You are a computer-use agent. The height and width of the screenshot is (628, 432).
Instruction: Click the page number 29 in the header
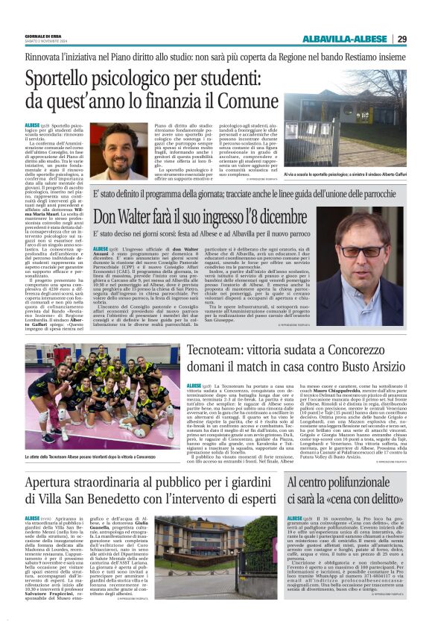401,39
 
